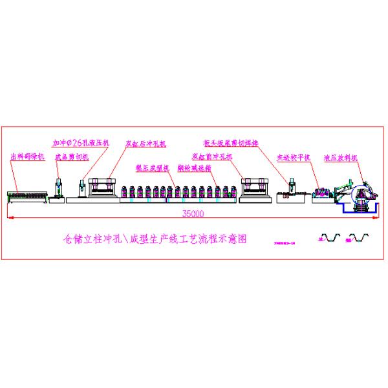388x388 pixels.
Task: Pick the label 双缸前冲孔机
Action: (x=212, y=156)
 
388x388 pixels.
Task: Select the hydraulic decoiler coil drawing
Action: (x=359, y=194)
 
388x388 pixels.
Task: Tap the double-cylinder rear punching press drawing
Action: (x=103, y=189)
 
